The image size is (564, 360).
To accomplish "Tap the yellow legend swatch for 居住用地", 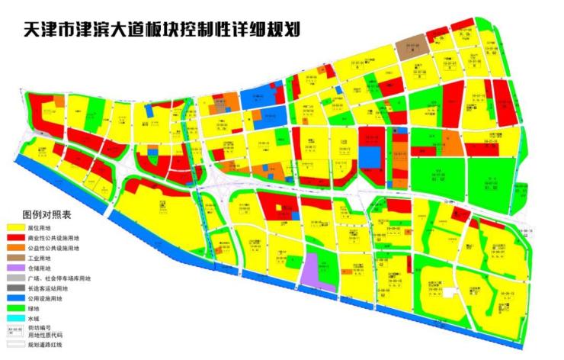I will tap(16, 227).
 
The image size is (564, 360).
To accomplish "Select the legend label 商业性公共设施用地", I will tap(53, 238).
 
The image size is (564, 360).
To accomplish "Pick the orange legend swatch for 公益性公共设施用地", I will tap(16, 248).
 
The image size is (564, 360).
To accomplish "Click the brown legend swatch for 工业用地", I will tap(16, 258).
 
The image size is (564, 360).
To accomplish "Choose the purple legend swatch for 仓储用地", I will tap(16, 268).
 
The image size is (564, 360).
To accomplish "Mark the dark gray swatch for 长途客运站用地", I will tap(16, 288).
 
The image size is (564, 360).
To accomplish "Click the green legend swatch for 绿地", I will tap(16, 308).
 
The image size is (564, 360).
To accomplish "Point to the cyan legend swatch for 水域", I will tap(16, 318).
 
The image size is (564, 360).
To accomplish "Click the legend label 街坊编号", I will tap(40, 327).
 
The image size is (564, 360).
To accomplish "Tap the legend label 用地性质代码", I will tap(45, 334).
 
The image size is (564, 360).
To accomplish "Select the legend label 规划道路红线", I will tap(45, 344).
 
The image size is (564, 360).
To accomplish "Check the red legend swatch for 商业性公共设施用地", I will tap(16, 238).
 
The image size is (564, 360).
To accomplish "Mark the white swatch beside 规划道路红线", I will tap(16, 344).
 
